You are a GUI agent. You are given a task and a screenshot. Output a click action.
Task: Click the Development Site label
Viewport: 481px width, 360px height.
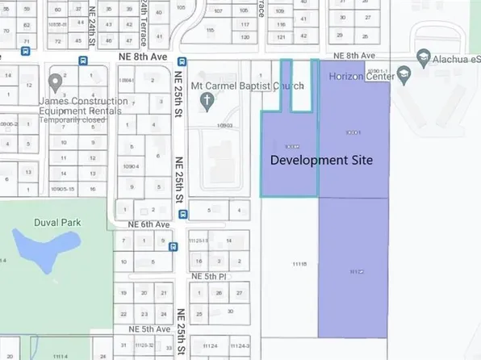pos(321,160)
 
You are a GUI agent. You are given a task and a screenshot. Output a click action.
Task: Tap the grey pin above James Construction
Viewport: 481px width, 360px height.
pos(56,82)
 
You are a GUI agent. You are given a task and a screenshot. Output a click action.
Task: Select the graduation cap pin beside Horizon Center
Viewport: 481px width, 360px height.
pos(403,75)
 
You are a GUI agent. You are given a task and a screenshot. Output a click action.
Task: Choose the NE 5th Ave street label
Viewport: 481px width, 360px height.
pos(151,330)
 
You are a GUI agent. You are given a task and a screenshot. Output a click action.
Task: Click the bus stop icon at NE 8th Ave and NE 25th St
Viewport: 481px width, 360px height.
pos(182,61)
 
